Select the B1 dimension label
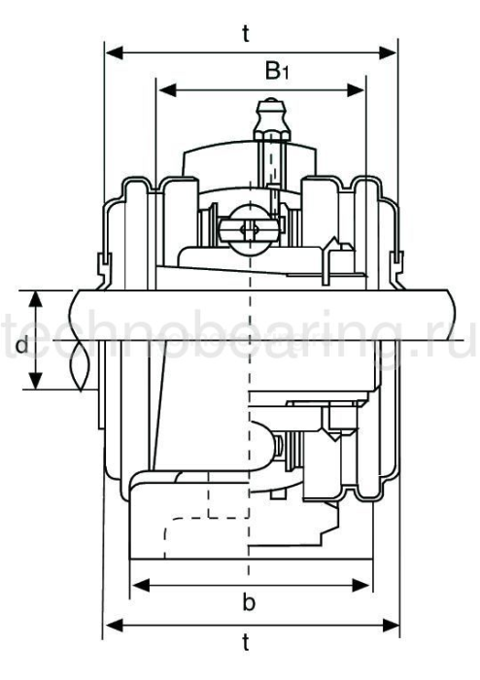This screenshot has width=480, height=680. (x=277, y=71)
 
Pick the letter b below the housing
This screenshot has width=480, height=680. (x=249, y=604)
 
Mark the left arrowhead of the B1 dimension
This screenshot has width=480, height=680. (x=166, y=90)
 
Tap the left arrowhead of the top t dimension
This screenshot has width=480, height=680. (x=113, y=50)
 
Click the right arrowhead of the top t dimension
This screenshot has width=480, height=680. (x=391, y=50)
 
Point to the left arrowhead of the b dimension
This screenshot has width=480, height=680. (x=139, y=585)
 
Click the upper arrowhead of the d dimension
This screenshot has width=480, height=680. (x=36, y=296)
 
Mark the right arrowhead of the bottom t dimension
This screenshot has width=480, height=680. (x=391, y=624)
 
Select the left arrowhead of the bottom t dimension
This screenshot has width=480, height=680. (x=113, y=624)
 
